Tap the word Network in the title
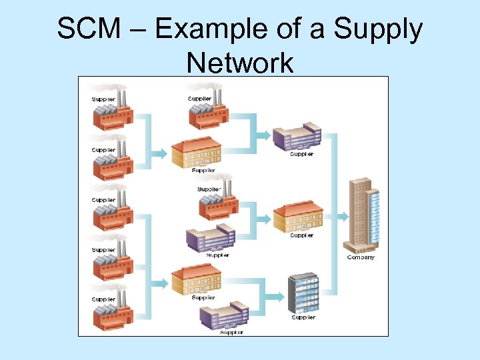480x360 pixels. click(x=240, y=63)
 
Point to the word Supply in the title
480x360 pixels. click(x=379, y=30)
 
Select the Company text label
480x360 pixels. click(x=361, y=257)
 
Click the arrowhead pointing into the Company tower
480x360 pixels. click(x=343, y=217)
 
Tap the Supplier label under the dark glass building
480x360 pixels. click(x=303, y=317)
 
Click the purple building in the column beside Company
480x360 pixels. click(x=297, y=137)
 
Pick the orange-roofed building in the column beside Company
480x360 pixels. click(x=299, y=217)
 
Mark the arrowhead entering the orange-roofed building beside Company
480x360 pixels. click(x=267, y=218)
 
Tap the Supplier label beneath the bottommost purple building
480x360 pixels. click(x=231, y=332)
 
